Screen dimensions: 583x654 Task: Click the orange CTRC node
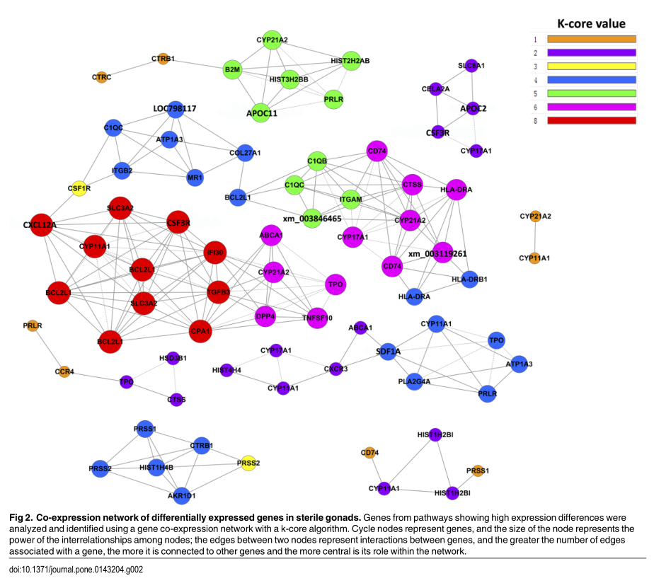click(x=101, y=76)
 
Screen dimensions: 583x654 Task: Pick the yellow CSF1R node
click(x=79, y=189)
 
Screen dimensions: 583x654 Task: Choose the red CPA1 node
click(x=201, y=330)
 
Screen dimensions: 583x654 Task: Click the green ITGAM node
click(x=351, y=200)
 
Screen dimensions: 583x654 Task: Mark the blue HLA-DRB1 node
click(x=469, y=279)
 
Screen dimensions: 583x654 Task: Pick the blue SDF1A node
click(x=387, y=351)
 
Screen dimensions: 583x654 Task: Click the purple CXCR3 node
click(x=336, y=369)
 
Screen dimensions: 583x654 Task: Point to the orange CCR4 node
click(x=64, y=371)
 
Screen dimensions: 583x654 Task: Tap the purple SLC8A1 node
click(x=471, y=66)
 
